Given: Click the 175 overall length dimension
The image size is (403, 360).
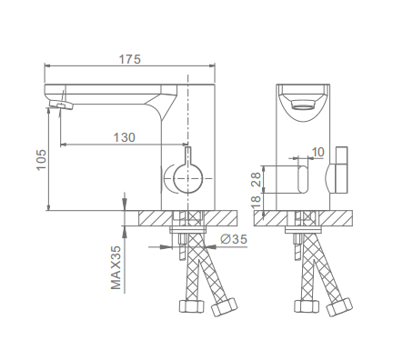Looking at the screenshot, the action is pyautogui.click(x=130, y=59).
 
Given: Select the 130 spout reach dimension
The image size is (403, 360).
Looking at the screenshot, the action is pyautogui.click(x=125, y=137).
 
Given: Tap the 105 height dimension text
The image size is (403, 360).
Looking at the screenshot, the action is pyautogui.click(x=42, y=160).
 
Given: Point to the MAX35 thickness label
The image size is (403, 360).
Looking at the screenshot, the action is pyautogui.click(x=116, y=267).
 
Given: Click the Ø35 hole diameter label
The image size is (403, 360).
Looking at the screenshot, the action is pyautogui.click(x=234, y=239).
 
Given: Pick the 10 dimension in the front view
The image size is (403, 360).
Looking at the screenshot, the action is pyautogui.click(x=318, y=152).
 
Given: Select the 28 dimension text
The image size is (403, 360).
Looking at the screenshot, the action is pyautogui.click(x=257, y=179).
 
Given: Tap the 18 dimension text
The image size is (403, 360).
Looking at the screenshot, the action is pyautogui.click(x=257, y=201).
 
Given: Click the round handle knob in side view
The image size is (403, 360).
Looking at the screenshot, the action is pyautogui.click(x=188, y=179).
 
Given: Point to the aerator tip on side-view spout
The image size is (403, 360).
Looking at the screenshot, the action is pyautogui.click(x=62, y=105).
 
